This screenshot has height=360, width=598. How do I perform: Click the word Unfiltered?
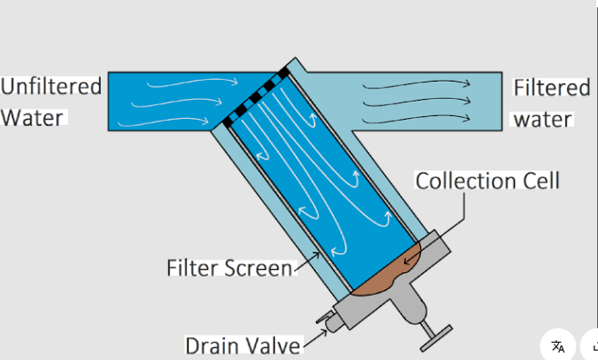click(51, 87)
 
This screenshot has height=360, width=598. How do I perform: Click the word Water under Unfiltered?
click(32, 118)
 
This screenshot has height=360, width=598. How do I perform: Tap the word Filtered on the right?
click(551, 88)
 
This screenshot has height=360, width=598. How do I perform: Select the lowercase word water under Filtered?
click(543, 119)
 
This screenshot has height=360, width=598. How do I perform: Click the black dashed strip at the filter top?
click(257, 94)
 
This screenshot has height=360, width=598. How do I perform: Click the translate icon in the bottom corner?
click(557, 345)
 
